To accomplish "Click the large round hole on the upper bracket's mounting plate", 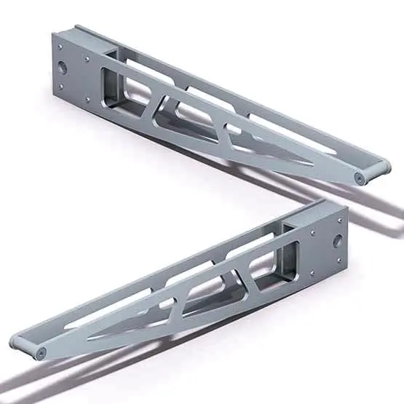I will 62,67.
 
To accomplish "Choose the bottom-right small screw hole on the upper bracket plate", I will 88,100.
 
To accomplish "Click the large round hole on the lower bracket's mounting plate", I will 337,240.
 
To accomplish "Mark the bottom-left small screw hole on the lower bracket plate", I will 312,273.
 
